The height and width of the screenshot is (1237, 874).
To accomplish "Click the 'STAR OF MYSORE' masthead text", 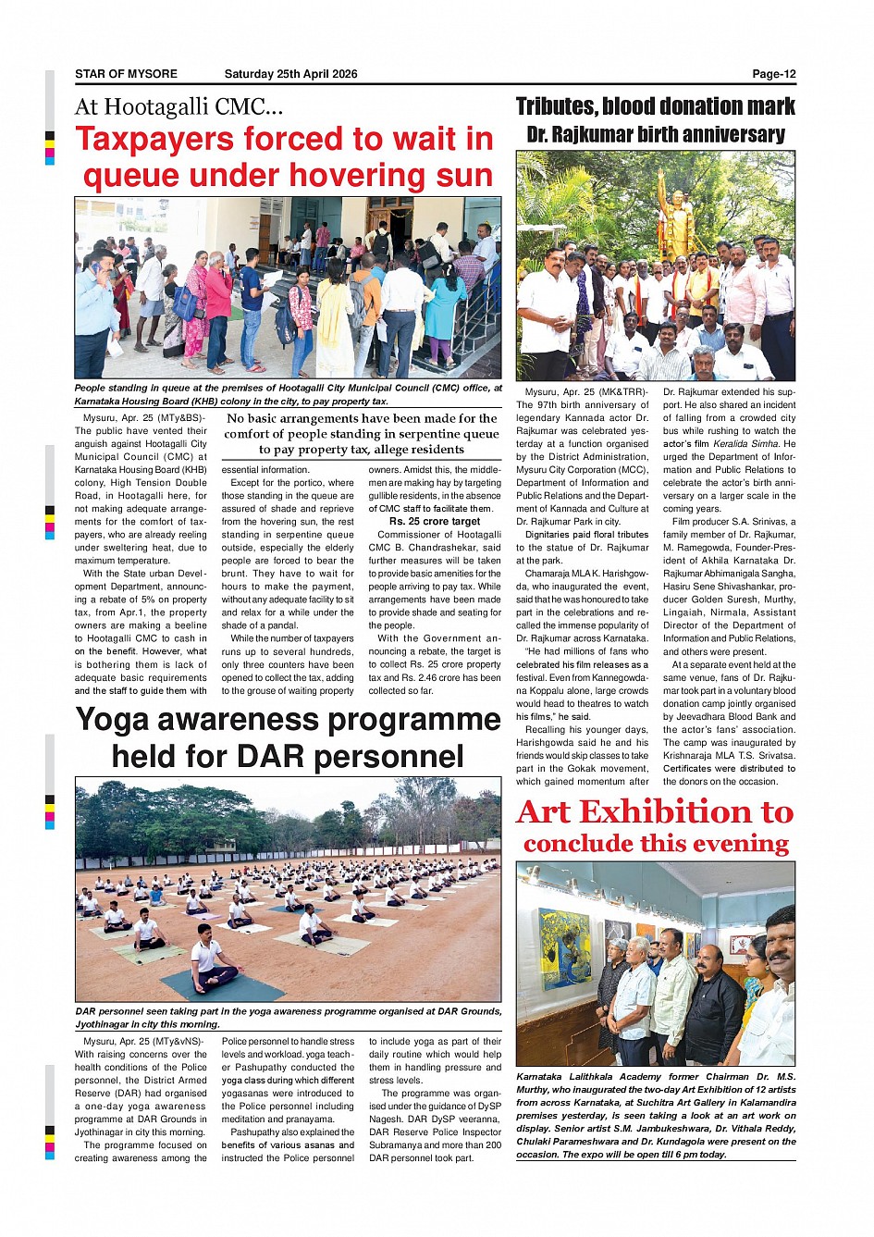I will (126, 74).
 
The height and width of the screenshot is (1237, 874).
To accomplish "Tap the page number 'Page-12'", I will (773, 74).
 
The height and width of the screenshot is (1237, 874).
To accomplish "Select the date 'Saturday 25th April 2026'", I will (290, 74).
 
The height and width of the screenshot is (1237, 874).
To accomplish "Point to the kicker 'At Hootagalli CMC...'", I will (178, 107).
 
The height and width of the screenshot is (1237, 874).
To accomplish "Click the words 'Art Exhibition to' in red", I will (655, 812).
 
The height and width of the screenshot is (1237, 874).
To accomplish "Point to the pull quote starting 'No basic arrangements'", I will (362, 434).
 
